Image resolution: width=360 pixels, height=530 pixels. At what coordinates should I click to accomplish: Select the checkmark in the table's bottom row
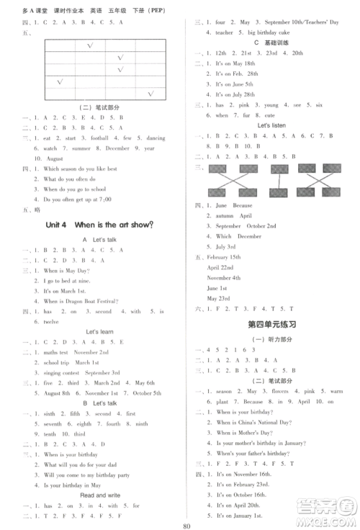(151, 94)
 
